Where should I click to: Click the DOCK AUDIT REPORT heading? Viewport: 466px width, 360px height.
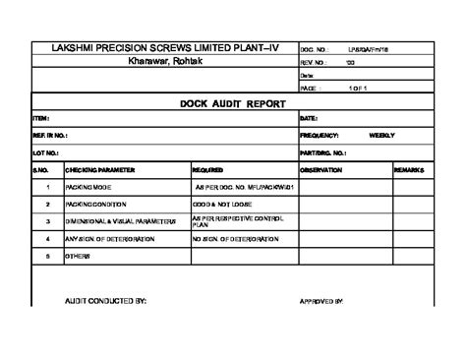[x=233, y=102]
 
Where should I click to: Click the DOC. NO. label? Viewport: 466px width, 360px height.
[x=313, y=48]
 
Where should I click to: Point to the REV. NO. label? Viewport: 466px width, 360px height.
[x=312, y=62]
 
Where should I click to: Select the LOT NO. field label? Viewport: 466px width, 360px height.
[x=45, y=153]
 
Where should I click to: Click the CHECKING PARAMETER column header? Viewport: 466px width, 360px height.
[x=99, y=169]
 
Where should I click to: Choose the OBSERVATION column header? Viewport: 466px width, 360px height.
[x=320, y=169]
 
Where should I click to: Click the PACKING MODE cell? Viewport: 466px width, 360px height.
[x=87, y=186]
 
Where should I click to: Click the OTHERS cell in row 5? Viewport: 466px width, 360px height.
[x=78, y=255]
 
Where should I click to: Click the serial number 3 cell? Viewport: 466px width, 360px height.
[x=47, y=220]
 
